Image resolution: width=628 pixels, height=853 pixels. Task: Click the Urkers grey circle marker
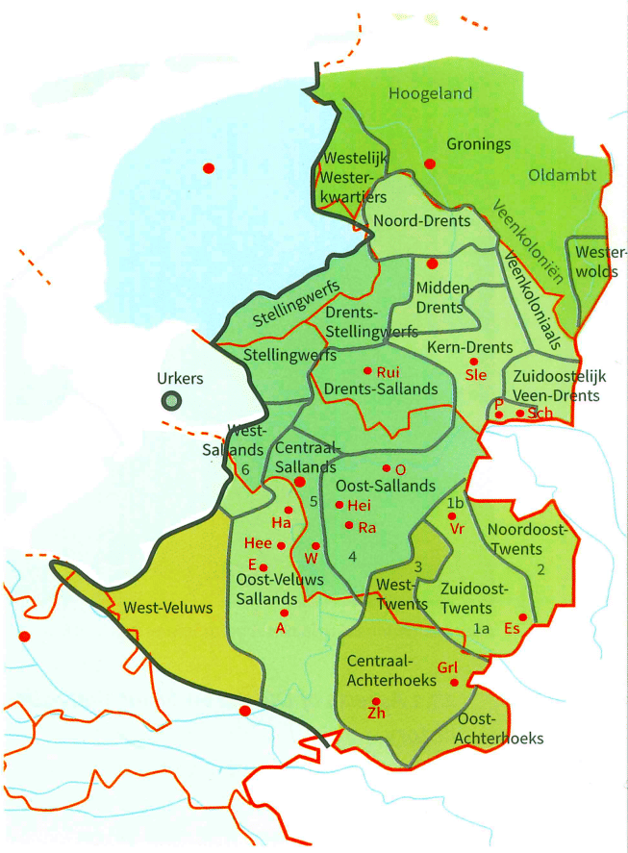click(170, 400)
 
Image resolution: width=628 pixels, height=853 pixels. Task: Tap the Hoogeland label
click(432, 93)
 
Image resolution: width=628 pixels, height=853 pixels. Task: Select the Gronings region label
click(478, 144)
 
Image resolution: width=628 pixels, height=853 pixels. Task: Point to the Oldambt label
click(563, 175)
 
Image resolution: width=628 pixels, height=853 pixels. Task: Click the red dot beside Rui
click(366, 370)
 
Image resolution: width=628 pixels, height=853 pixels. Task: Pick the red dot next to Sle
click(473, 362)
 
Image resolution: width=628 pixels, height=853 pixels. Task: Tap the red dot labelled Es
click(522, 616)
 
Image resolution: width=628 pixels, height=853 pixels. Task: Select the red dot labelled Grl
click(454, 683)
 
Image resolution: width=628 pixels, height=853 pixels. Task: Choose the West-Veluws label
click(161, 608)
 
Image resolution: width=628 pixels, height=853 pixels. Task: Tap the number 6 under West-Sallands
click(245, 469)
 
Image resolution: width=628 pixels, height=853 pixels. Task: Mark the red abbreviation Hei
click(359, 505)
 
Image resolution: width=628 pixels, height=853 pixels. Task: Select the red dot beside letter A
click(284, 613)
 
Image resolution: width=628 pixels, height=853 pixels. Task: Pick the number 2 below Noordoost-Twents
click(540, 570)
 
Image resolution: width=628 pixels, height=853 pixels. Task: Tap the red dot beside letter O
click(387, 468)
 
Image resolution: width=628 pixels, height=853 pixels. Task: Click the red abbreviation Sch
click(540, 413)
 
